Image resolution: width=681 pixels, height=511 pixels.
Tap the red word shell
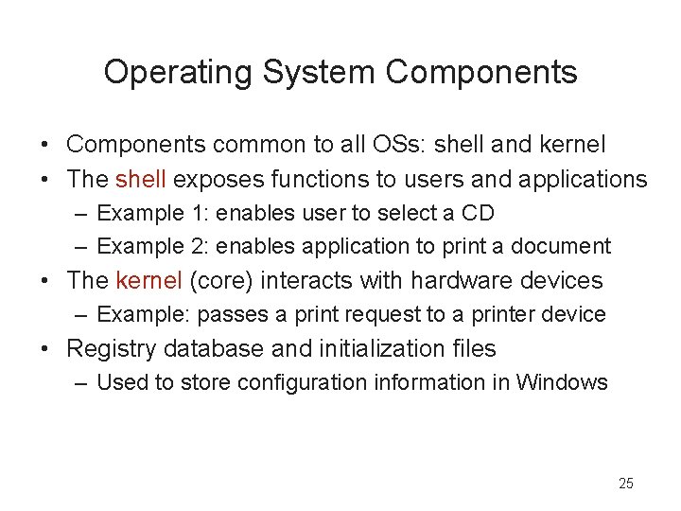[x=141, y=178]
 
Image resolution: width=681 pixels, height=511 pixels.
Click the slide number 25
[x=625, y=484]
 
